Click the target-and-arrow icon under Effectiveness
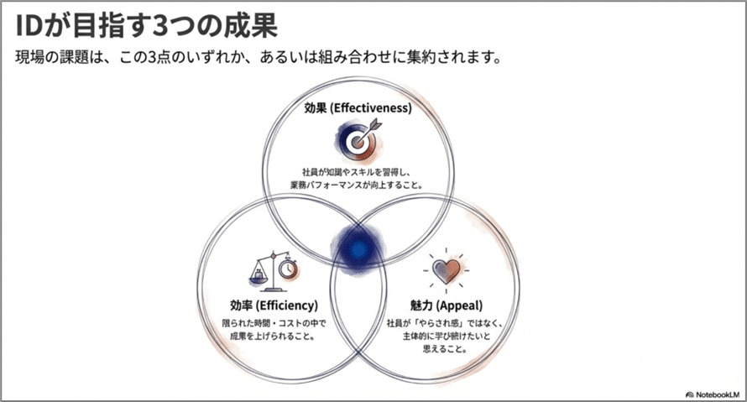tap(358, 138)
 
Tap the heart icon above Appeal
tap(447, 270)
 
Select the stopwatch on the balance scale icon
tap(288, 269)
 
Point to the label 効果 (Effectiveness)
tap(358, 107)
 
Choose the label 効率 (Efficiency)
tap(274, 305)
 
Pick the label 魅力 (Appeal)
tap(447, 305)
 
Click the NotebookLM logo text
tap(717, 394)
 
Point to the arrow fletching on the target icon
tap(375, 124)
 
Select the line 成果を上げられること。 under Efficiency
tap(273, 337)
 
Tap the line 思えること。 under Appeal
tap(445, 349)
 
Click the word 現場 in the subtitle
tap(30, 58)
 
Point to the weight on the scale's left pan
tap(259, 274)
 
